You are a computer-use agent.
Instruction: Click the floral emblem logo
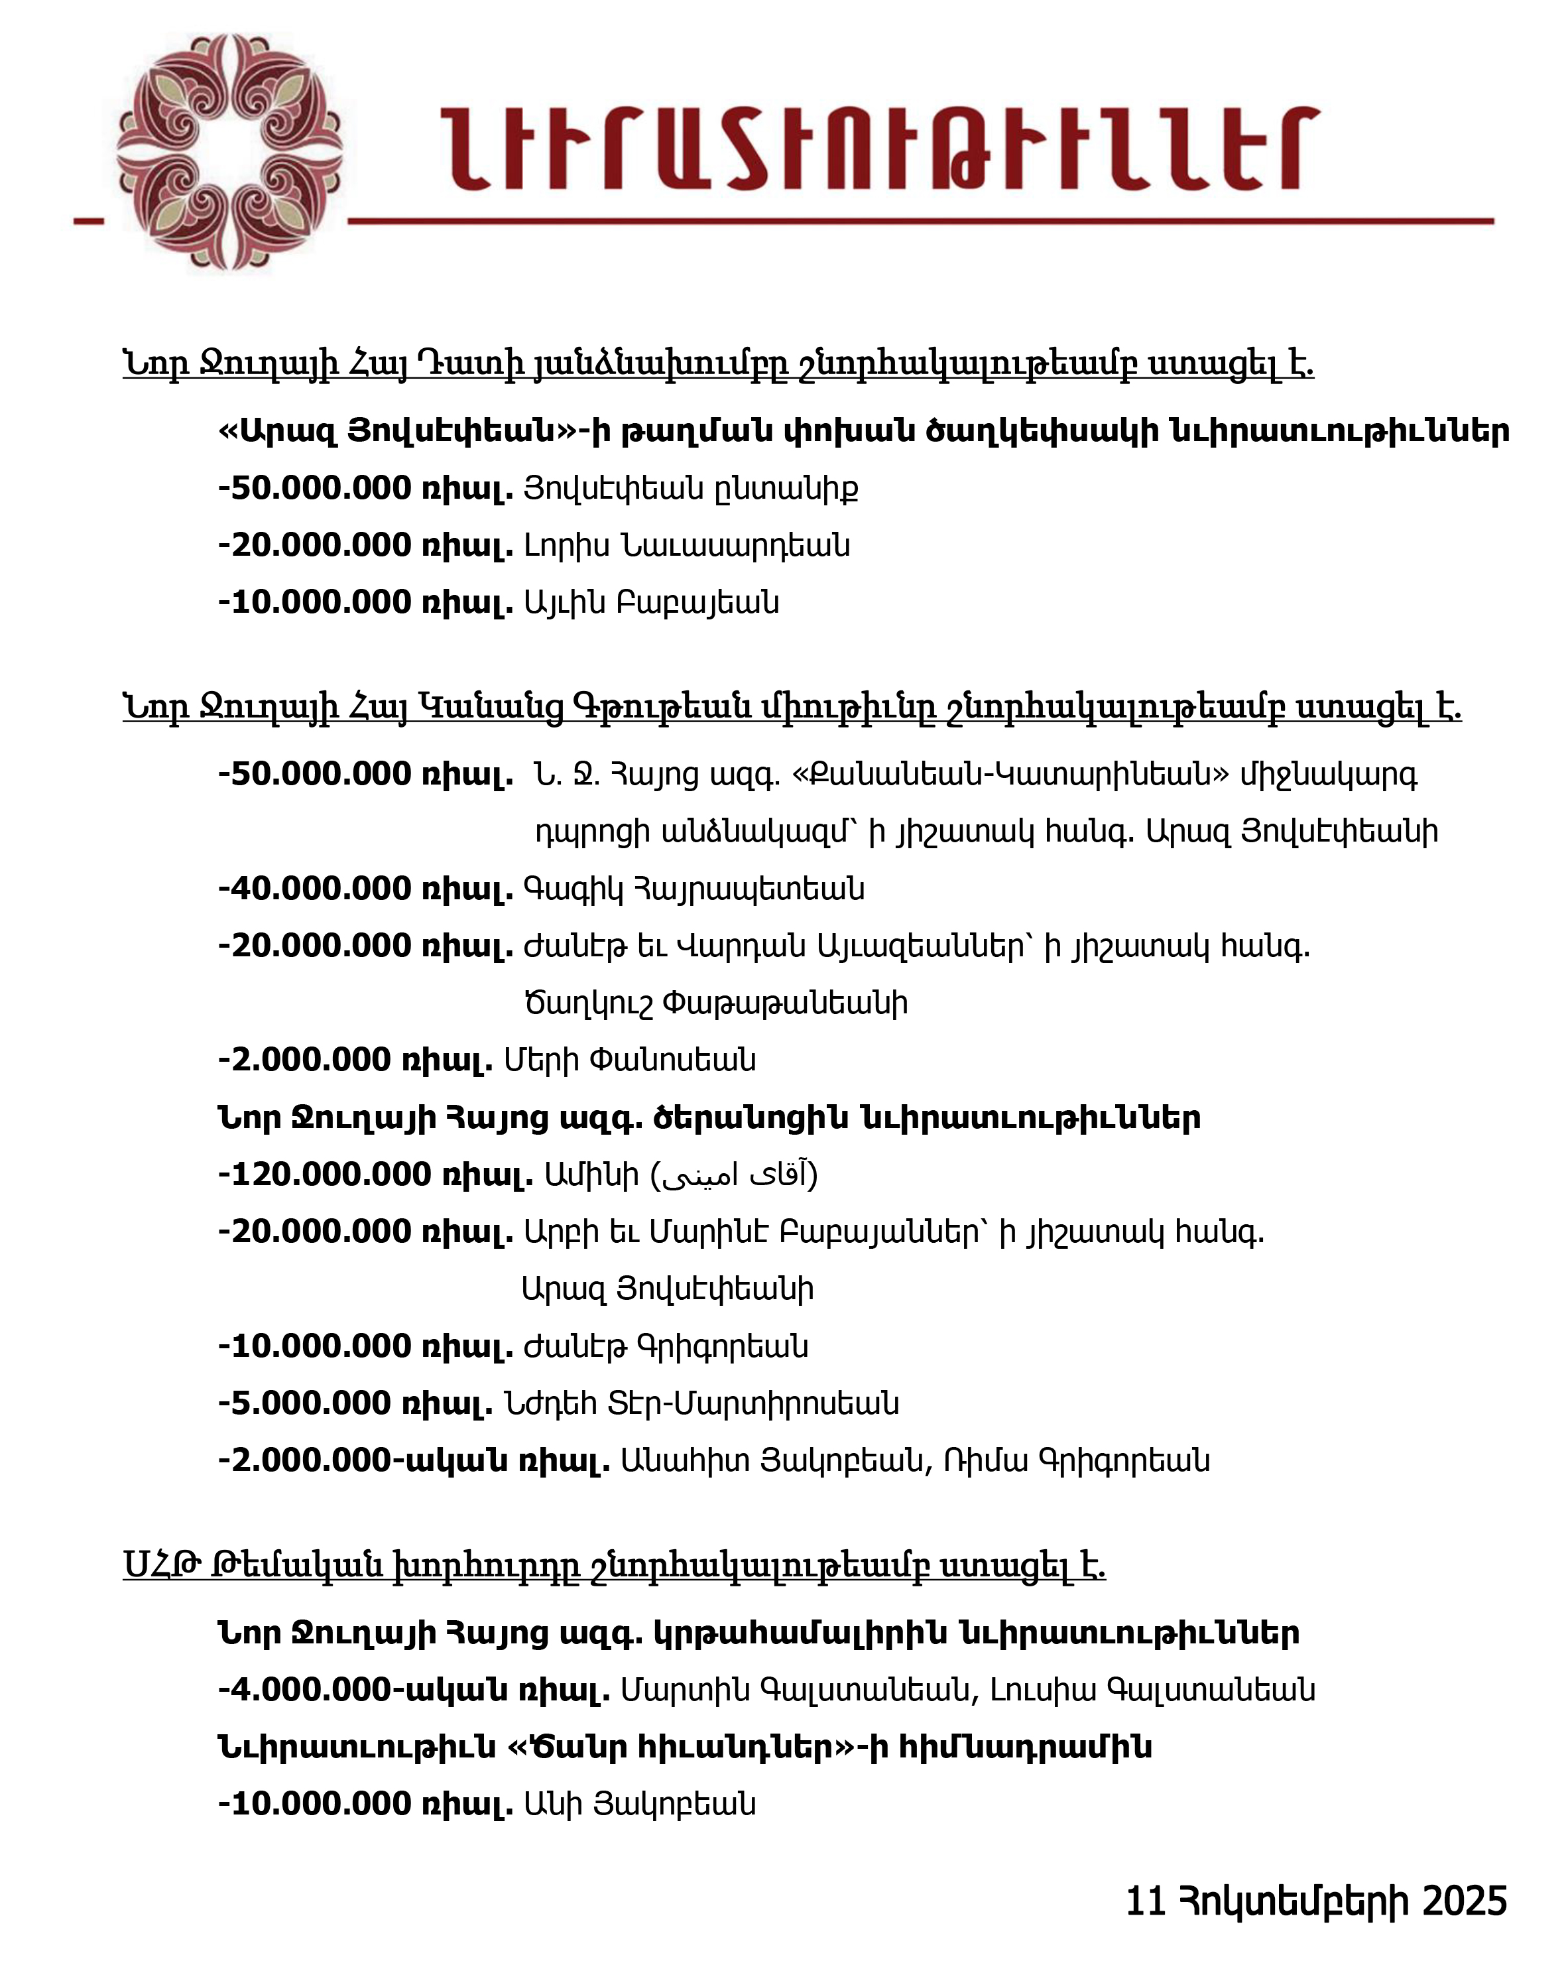(229, 152)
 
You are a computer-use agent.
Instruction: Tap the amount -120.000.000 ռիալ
(375, 1175)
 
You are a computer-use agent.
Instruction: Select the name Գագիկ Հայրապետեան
(693, 889)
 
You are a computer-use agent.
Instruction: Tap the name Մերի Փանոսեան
(630, 1060)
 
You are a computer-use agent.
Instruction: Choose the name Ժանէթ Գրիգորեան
(666, 1346)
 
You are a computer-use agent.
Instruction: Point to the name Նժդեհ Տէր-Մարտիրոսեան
(701, 1403)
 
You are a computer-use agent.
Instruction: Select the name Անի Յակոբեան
(639, 1805)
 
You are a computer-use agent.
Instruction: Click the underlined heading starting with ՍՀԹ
(613, 1566)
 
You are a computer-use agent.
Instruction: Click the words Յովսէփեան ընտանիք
(690, 489)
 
